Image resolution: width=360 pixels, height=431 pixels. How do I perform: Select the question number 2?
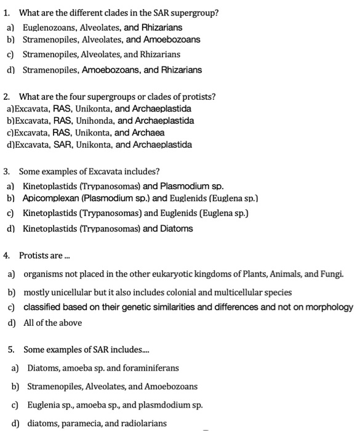[x=6, y=97]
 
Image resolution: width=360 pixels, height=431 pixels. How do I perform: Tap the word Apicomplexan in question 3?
[x=52, y=198]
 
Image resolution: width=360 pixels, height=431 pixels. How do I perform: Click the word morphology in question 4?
[x=327, y=307]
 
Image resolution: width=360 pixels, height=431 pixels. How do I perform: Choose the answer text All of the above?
[x=52, y=322]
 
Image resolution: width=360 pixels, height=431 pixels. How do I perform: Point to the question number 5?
[x=12, y=350]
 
